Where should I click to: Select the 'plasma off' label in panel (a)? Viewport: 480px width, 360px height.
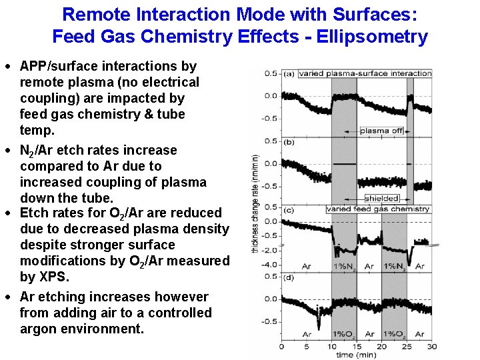coord(381,131)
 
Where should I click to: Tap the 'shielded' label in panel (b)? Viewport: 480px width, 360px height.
coord(382,198)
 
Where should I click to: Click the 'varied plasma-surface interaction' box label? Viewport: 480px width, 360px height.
coord(365,73)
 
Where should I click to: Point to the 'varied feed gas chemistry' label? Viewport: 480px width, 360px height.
coord(378,209)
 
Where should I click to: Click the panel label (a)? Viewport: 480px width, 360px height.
coord(289,73)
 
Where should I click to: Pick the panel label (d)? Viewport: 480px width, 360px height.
coord(289,277)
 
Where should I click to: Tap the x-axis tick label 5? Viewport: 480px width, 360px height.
coord(306,347)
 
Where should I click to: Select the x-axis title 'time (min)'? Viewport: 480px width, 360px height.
coord(355,355)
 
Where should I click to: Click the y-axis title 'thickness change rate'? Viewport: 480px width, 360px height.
coord(255,203)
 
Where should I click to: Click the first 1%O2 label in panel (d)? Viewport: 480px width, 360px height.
coord(344,334)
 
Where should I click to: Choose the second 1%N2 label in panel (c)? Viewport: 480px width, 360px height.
coord(394,267)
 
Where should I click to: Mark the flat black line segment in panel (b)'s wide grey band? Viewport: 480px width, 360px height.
coord(344,164)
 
